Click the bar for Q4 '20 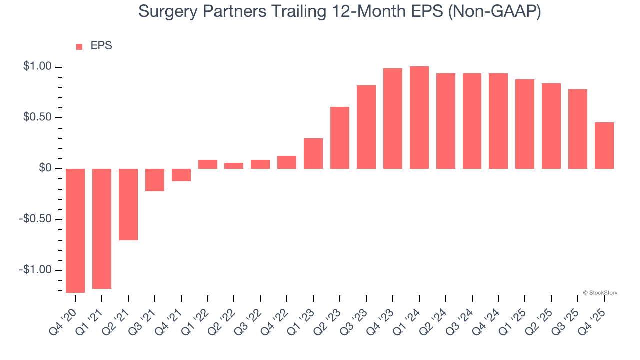coord(75,230)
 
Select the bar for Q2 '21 coord(128,204)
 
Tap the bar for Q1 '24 coord(419,117)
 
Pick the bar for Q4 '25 coord(604,145)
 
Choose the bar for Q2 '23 coord(340,137)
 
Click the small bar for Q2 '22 coord(234,166)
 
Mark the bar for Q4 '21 coord(181,175)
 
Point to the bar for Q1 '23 coord(313,153)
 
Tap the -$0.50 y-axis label coord(35,219)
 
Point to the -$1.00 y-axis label coord(35,270)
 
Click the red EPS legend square coord(79,47)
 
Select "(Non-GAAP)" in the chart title coord(495,11)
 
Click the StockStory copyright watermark coord(600,293)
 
